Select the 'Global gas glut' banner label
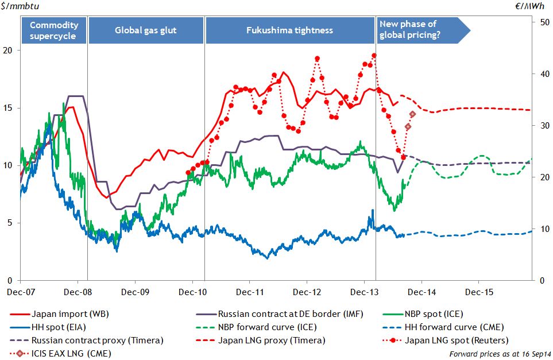(x=146, y=30)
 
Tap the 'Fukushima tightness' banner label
(x=290, y=30)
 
